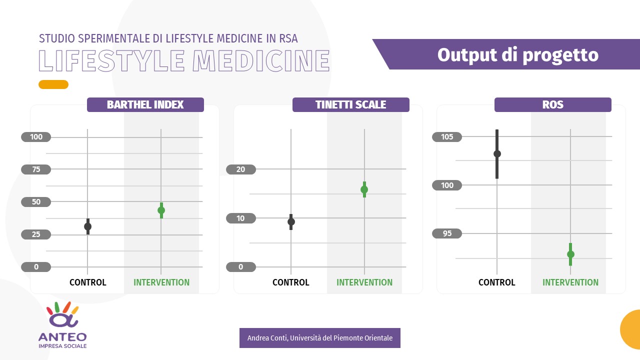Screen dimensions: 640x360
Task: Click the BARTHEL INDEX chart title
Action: pos(145,104)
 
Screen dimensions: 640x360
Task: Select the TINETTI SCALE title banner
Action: pos(350,104)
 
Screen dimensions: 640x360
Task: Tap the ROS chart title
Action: pos(553,104)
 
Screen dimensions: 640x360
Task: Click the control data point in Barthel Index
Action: pos(87,226)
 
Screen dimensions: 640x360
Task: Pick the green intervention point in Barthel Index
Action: pos(161,210)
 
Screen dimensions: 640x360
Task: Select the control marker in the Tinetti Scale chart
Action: pos(291,221)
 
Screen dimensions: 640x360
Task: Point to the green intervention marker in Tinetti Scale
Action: pos(364,189)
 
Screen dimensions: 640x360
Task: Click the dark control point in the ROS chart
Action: pos(497,153)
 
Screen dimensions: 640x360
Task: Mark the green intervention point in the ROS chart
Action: pos(570,254)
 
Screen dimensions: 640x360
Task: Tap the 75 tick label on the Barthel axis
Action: pos(36,169)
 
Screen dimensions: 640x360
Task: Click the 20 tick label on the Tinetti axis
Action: pos(241,169)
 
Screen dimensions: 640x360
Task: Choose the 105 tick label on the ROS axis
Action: pos(447,137)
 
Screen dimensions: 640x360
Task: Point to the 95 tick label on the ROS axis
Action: pos(447,233)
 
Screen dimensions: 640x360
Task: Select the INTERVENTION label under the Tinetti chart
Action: pos(364,282)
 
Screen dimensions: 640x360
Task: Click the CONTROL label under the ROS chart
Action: pos(496,282)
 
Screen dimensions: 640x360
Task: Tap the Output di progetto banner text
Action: pos(517,55)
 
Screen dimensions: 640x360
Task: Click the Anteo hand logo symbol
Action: pos(62,314)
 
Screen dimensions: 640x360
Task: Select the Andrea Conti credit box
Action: pos(319,338)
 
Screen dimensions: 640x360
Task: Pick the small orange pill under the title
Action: pos(53,84)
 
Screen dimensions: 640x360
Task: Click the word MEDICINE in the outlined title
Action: pos(261,61)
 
